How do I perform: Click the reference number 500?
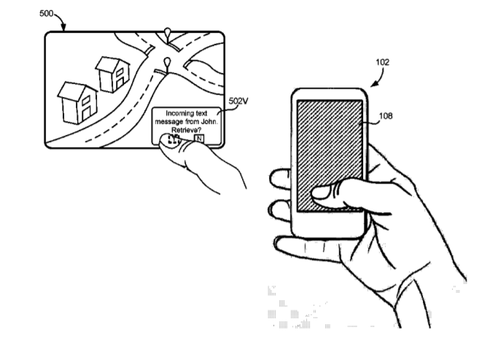(x=46, y=13)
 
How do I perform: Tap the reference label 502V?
(x=238, y=101)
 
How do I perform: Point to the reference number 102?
(x=382, y=62)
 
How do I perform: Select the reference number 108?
(x=386, y=116)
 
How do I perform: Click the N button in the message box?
(x=199, y=138)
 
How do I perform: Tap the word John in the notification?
(x=209, y=122)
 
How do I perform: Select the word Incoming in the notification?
(x=176, y=113)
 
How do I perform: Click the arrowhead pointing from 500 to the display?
(x=63, y=28)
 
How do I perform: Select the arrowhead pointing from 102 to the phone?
(x=374, y=84)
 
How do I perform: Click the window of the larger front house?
(x=86, y=100)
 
